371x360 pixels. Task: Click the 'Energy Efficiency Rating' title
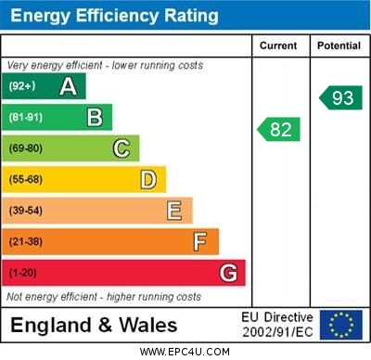point(114,16)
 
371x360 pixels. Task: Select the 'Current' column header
point(278,45)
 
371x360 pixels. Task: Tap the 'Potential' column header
point(339,45)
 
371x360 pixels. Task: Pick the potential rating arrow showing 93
point(341,97)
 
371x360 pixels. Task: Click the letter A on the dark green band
point(68,86)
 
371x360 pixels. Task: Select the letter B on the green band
point(95,117)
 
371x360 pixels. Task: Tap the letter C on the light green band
point(122,148)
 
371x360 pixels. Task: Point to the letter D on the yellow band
point(148,179)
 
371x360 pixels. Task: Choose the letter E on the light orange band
point(174,211)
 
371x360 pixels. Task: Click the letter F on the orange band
point(200,242)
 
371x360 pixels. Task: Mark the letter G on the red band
point(228,273)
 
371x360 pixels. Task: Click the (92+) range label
point(22,86)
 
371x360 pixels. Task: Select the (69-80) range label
point(26,148)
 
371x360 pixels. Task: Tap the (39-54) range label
point(26,211)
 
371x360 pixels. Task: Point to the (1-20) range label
point(23,273)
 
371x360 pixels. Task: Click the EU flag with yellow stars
point(341,325)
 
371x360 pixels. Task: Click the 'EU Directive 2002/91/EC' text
point(277,325)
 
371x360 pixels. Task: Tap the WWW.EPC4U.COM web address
point(185,352)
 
